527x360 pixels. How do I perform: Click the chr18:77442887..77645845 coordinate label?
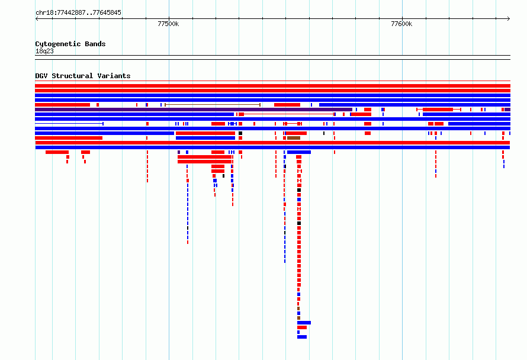pyautogui.click(x=78, y=12)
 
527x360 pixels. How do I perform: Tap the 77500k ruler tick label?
pyautogui.click(x=168, y=24)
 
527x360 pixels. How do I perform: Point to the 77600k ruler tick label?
pyautogui.click(x=401, y=24)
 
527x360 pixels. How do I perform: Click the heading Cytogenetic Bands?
pyautogui.click(x=70, y=44)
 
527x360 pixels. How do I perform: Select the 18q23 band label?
pyautogui.click(x=44, y=51)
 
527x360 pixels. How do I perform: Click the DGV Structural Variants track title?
pyautogui.click(x=83, y=76)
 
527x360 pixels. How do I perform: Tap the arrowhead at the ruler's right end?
pyautogui.click(x=509, y=19)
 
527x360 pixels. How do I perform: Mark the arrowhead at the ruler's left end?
pyautogui.click(x=37, y=19)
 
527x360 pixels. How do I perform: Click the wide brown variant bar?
pyautogui.click(x=294, y=138)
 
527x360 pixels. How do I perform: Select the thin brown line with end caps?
pyautogui.click(x=213, y=105)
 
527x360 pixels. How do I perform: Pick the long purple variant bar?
pyautogui.click(x=194, y=110)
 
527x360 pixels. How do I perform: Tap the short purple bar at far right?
pyautogui.click(x=507, y=110)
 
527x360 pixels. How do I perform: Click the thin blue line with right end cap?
pyautogui.click(x=69, y=124)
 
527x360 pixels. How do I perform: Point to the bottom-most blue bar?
pyautogui.click(x=302, y=337)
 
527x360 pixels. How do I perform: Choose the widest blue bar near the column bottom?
pyautogui.click(x=304, y=323)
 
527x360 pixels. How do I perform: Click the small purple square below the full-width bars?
pyautogui.click(x=179, y=152)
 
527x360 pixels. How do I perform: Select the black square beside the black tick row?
pyautogui.click(x=240, y=133)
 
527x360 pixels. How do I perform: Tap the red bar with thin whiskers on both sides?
pyautogui.click(x=438, y=110)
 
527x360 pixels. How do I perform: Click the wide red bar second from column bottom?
pyautogui.click(x=302, y=327)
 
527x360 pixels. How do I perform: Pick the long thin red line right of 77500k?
pyautogui.click(x=289, y=114)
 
